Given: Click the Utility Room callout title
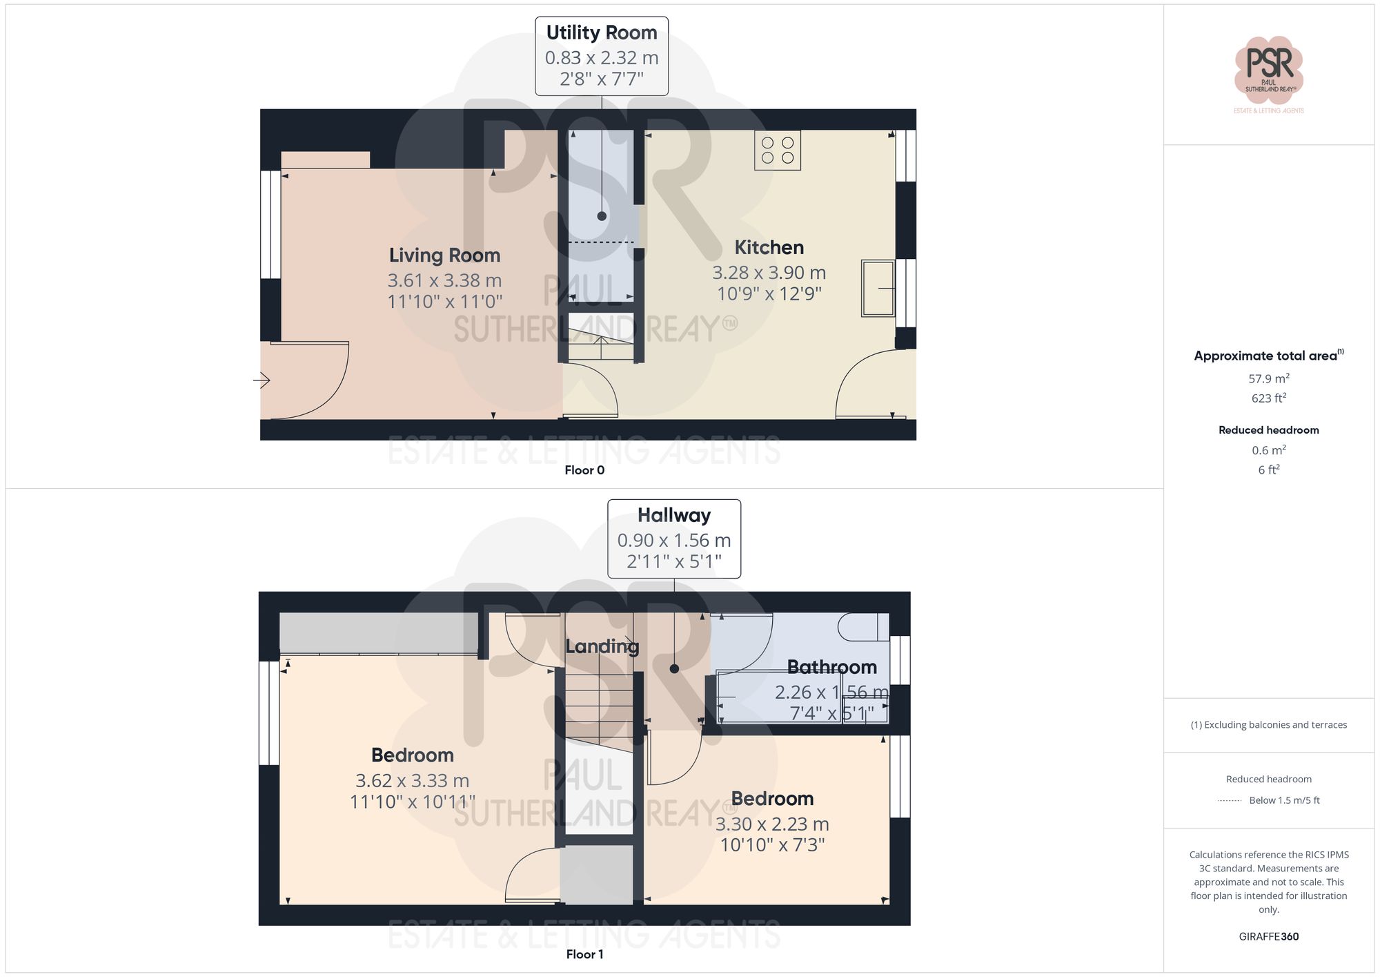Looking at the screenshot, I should (601, 32).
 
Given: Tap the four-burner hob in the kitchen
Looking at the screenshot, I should (778, 150).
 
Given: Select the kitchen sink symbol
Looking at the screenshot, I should (878, 288).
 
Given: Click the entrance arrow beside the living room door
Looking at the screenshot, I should (262, 380).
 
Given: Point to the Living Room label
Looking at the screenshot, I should (444, 255).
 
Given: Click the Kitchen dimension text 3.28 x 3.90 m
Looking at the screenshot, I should (769, 273).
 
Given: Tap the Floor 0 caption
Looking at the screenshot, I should (584, 470).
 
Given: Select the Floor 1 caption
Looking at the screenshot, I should (584, 954).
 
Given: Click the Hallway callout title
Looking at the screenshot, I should (673, 515).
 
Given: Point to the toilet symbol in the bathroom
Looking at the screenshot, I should (862, 627).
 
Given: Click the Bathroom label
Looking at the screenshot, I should (831, 667).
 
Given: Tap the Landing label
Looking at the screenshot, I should (602, 646).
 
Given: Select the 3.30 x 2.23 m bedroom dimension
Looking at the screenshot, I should (771, 824).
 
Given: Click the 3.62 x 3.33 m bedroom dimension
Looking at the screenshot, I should (412, 780).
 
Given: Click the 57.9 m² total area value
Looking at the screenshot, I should (1268, 378).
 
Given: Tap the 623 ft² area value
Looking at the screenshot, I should (1268, 398).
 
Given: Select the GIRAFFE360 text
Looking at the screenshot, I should (1268, 937).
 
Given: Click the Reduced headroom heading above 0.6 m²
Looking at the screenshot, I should (1268, 430).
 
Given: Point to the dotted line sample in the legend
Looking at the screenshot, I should (1230, 801).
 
